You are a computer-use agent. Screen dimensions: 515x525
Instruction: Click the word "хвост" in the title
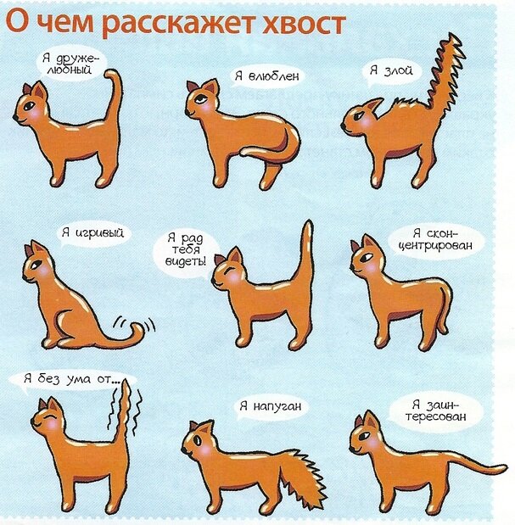(304, 24)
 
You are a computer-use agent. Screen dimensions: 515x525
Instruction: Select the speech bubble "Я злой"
(391, 71)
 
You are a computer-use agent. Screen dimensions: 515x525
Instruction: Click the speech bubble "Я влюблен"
(267, 76)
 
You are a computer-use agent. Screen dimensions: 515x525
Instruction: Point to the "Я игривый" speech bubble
(92, 232)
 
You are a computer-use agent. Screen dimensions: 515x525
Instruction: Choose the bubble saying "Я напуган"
(270, 406)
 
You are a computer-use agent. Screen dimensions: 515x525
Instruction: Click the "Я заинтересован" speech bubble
(435, 411)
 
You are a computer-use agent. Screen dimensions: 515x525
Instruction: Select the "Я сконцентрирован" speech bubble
(436, 240)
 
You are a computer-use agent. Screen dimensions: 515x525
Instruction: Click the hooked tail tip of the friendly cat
(113, 76)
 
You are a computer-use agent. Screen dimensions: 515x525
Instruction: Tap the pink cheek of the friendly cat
(35, 114)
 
